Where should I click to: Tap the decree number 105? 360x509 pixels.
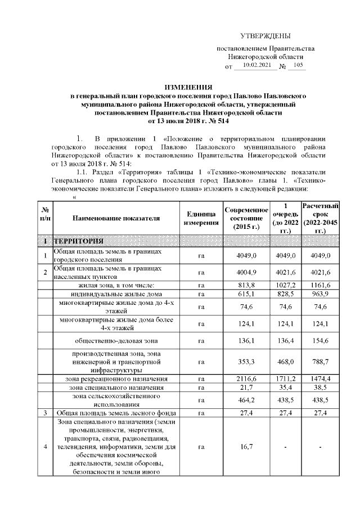(x=298, y=66)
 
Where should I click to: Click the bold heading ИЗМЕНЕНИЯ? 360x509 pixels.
(x=188, y=88)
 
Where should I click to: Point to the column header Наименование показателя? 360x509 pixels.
(x=116, y=218)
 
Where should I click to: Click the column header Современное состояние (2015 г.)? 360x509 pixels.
(x=246, y=218)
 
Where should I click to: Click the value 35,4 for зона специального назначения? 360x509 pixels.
(x=286, y=388)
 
